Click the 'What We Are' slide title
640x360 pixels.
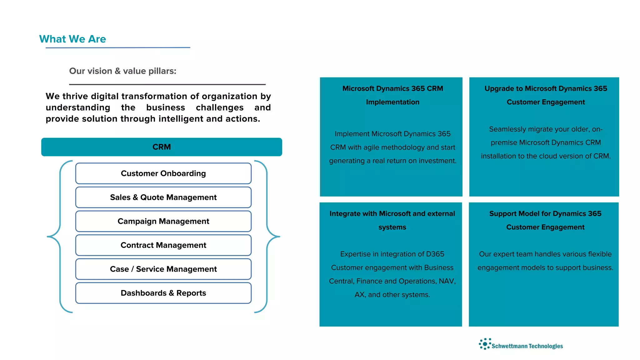(x=72, y=39)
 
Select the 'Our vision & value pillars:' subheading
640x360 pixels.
(x=122, y=71)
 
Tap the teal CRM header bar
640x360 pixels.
(x=162, y=147)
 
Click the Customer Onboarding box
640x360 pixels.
(x=163, y=173)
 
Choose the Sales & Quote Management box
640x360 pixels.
(x=163, y=197)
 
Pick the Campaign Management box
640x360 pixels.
(x=163, y=221)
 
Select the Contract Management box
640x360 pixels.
(x=163, y=245)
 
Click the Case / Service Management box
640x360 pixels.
(x=163, y=269)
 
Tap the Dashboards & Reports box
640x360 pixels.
(x=163, y=293)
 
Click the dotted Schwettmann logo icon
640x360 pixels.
(x=485, y=344)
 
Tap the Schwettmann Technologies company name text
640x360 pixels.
(x=527, y=346)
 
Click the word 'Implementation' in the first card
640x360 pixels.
(x=392, y=102)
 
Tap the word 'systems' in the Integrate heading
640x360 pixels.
(x=392, y=227)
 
